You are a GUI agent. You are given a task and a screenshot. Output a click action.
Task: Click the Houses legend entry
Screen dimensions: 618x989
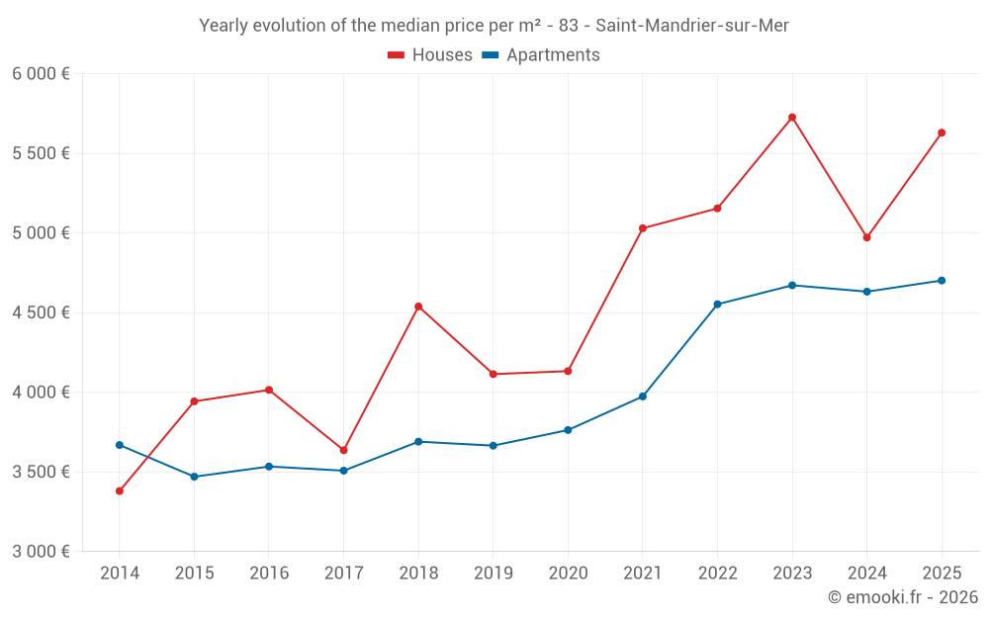[430, 55]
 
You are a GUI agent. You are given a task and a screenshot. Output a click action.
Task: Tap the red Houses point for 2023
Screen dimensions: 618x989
[792, 118]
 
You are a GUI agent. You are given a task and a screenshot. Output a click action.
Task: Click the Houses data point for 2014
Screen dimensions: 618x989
[120, 491]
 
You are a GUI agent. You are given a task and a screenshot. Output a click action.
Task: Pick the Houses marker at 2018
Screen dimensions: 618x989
[418, 307]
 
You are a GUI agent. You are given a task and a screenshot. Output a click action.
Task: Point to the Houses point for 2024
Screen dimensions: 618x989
[867, 237]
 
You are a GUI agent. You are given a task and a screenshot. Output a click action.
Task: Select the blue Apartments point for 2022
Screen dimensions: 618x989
[717, 305]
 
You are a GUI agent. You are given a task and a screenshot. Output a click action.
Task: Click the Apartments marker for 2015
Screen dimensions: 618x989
[194, 477]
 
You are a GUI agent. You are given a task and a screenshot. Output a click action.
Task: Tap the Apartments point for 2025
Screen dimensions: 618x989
[942, 281]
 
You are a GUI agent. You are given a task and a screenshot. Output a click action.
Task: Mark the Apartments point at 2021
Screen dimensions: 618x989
[643, 397]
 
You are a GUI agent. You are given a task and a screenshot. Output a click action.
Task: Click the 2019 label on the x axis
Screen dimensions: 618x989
[494, 573]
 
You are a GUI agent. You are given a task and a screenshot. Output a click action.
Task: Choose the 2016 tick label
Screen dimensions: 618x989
[269, 573]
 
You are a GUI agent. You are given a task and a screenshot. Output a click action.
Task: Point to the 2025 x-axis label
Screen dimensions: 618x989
[942, 573]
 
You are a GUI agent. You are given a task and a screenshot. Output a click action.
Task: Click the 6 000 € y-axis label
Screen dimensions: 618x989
[41, 74]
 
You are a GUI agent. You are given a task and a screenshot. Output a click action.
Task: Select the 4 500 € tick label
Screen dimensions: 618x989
[41, 312]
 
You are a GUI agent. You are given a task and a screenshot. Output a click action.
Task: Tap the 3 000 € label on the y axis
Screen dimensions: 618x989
[41, 552]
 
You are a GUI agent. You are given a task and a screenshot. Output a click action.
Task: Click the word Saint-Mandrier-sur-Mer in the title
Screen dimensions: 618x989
[692, 26]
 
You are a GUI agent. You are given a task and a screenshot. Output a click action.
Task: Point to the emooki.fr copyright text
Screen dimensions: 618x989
[903, 597]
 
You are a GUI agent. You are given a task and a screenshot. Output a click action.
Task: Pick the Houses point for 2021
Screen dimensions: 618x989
[643, 228]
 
